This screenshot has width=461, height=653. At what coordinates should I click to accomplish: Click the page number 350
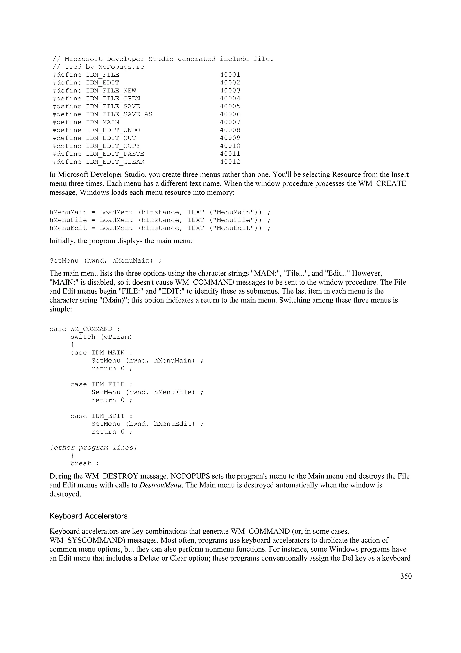pyautogui.click(x=406, y=576)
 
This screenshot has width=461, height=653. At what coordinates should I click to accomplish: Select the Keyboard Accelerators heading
pyautogui.click(x=88, y=516)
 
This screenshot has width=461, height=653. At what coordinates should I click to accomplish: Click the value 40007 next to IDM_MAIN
pyautogui.click(x=230, y=122)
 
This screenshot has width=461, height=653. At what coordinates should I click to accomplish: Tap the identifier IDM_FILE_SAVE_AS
pyautogui.click(x=119, y=114)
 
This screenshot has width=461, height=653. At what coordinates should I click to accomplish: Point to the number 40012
pyautogui.click(x=230, y=162)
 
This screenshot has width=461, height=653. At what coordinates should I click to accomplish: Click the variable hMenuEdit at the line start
pyautogui.click(x=68, y=228)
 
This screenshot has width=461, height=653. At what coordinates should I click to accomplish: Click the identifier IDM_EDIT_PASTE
pyautogui.click(x=115, y=154)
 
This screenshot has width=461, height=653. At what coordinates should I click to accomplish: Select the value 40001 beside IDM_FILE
pyautogui.click(x=230, y=75)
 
